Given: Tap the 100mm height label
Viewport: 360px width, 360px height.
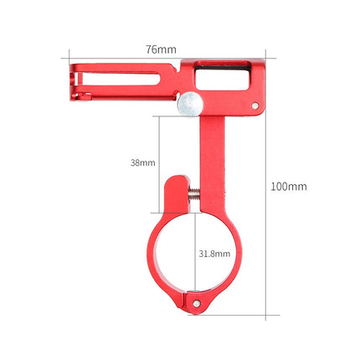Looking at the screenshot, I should [x=288, y=186].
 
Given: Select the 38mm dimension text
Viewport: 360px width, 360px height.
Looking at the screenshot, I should [x=142, y=162].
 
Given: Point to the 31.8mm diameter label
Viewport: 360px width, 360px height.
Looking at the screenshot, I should [x=214, y=252].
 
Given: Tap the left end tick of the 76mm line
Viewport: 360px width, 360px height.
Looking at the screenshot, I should [x=68, y=59].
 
